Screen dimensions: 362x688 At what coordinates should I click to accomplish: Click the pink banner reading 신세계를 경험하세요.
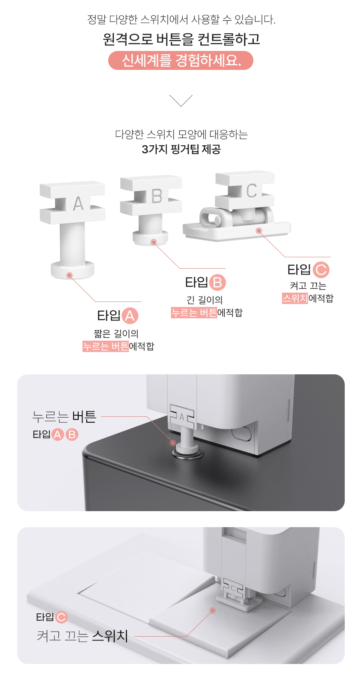tap(181, 61)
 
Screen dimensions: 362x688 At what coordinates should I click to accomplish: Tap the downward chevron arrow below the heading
tap(181, 101)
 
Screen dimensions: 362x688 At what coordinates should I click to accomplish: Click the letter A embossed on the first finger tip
tap(78, 203)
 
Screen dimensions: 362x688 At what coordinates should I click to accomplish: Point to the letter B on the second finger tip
tap(157, 196)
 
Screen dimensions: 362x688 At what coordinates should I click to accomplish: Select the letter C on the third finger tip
tap(251, 191)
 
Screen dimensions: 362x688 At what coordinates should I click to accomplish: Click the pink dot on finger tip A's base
tap(70, 275)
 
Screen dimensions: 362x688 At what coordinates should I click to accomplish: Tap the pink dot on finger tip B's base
tap(154, 242)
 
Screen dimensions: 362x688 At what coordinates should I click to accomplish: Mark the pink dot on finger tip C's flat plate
tap(259, 230)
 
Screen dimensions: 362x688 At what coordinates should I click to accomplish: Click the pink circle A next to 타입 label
tap(130, 316)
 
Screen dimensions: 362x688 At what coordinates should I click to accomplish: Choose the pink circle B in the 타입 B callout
tap(218, 282)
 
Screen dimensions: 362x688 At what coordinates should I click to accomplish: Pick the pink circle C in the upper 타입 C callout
tap(321, 269)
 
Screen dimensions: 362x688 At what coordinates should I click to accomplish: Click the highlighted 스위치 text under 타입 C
tap(295, 298)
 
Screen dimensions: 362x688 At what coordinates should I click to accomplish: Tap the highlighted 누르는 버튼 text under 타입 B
tap(194, 313)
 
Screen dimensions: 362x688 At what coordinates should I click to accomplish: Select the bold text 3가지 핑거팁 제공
tap(181, 149)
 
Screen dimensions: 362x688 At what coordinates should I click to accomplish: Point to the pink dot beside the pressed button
tap(173, 443)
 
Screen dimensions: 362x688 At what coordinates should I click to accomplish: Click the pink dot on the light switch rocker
tap(213, 610)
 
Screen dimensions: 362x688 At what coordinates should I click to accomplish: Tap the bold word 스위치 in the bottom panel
tap(110, 636)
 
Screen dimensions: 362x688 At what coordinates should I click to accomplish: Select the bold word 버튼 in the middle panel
tap(85, 417)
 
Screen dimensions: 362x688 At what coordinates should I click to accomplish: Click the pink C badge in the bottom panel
tap(61, 617)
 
